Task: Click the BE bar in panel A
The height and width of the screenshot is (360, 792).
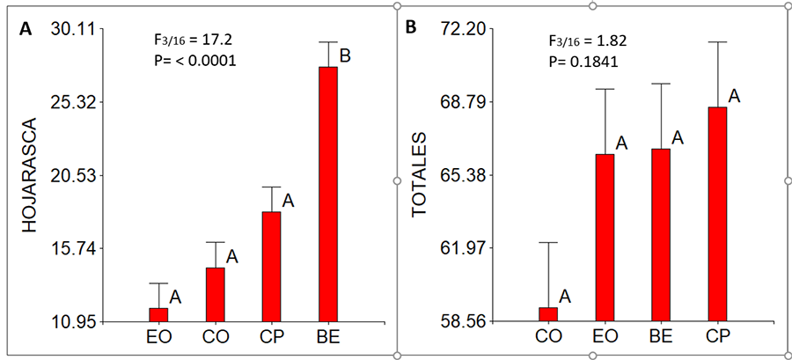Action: pos(328,194)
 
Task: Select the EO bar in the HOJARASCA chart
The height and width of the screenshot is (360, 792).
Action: pos(158,314)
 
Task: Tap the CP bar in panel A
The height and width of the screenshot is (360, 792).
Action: pos(271,266)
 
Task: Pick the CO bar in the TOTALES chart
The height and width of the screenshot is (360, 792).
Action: pos(548,314)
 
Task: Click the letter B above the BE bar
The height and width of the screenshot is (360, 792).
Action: pos(346,56)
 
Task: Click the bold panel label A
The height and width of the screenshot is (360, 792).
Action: pos(26,29)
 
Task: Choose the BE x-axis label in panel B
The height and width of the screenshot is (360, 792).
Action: pos(661,337)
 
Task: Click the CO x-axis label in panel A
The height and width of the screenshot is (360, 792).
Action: pos(215,337)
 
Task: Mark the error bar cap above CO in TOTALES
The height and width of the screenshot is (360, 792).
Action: pos(548,242)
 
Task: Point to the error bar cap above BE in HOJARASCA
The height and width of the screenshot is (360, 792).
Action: pos(328,42)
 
